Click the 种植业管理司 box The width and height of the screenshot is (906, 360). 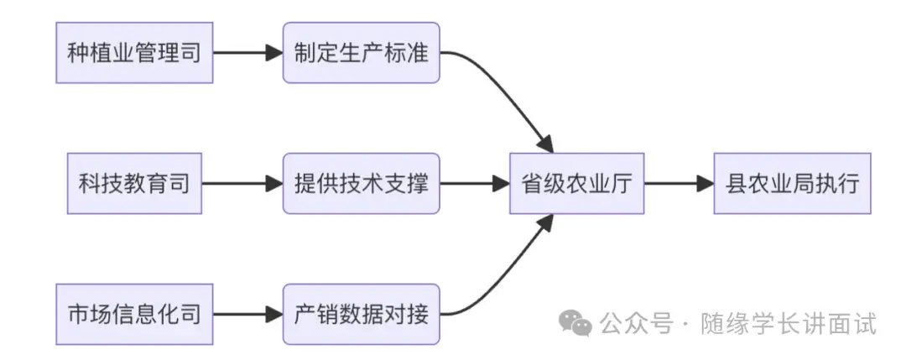[x=134, y=53]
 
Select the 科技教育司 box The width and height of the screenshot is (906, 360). [x=134, y=183]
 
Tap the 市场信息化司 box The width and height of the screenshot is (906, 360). [x=134, y=314]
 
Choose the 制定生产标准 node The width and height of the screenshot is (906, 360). [x=362, y=53]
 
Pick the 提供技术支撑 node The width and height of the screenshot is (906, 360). [x=362, y=183]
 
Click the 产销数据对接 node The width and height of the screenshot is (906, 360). [x=362, y=314]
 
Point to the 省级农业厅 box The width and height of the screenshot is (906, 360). [x=576, y=183]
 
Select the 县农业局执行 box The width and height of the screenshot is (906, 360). [x=792, y=183]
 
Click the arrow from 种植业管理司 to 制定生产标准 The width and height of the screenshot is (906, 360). [x=247, y=53]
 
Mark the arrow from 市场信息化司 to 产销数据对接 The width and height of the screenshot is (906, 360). [x=247, y=314]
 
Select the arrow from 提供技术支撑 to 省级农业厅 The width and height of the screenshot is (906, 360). [x=474, y=183]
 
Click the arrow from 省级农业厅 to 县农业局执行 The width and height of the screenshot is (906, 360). [x=678, y=183]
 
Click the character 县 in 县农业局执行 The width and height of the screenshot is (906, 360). [x=736, y=183]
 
